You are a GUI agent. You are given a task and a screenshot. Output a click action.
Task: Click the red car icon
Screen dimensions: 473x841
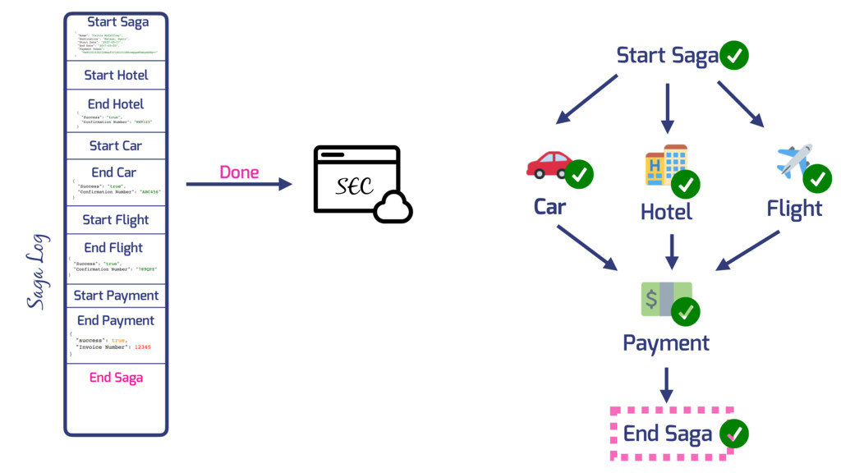pyautogui.click(x=549, y=164)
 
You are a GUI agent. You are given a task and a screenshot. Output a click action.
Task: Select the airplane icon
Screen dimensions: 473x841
pyautogui.click(x=793, y=160)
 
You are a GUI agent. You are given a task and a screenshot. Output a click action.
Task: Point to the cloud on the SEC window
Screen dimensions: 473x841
pyautogui.click(x=393, y=209)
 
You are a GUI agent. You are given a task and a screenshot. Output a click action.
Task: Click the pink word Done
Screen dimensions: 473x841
pyautogui.click(x=239, y=172)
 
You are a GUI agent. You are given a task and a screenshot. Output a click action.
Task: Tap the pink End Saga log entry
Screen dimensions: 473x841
pyautogui.click(x=116, y=378)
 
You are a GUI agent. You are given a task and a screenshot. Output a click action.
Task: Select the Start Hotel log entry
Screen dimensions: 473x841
pyautogui.click(x=116, y=75)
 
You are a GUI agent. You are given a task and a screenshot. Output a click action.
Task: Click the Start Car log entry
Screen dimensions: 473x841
pyautogui.click(x=116, y=145)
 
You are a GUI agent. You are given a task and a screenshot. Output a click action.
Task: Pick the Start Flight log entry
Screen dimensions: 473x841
pyautogui.click(x=116, y=219)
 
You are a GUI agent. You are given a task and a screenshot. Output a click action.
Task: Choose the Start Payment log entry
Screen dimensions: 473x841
pyautogui.click(x=116, y=296)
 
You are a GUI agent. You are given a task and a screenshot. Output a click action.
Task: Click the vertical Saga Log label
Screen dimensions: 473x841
pyautogui.click(x=38, y=271)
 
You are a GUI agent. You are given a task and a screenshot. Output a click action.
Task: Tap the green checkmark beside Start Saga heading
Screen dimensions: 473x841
pyautogui.click(x=734, y=56)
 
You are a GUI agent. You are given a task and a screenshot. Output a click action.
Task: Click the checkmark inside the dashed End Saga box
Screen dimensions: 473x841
pyautogui.click(x=734, y=434)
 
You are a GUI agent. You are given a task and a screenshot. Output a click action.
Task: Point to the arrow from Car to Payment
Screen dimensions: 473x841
pyautogui.click(x=586, y=247)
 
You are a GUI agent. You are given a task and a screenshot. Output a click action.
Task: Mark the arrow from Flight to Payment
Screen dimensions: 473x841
pyautogui.click(x=747, y=250)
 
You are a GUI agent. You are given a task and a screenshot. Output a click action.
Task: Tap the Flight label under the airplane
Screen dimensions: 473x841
pyautogui.click(x=794, y=209)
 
